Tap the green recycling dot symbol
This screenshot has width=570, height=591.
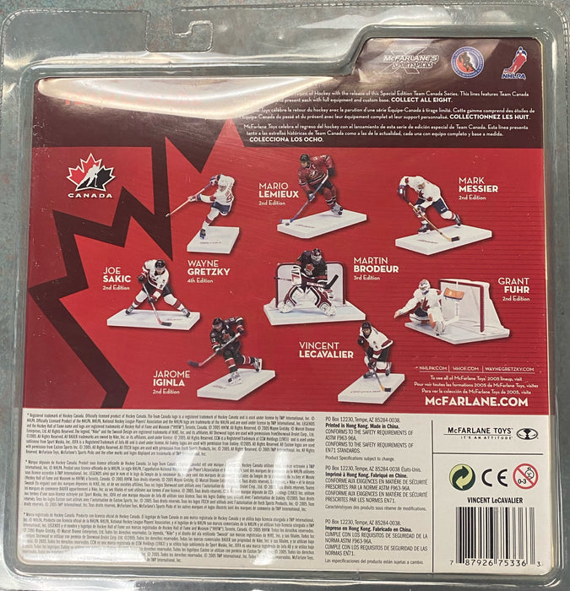pyautogui.click(x=461, y=477)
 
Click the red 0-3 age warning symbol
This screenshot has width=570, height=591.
pyautogui.click(x=525, y=476)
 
